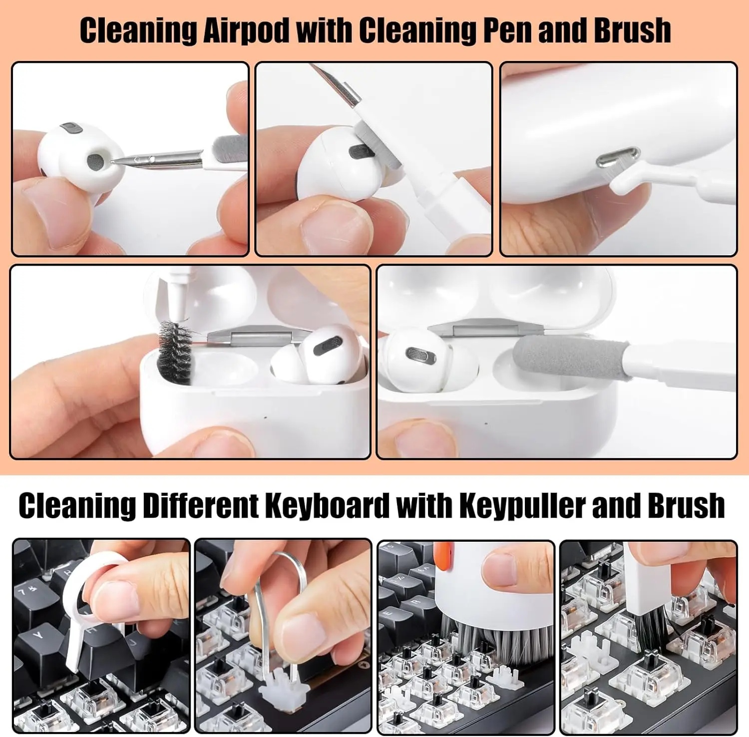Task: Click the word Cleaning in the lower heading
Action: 77,506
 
